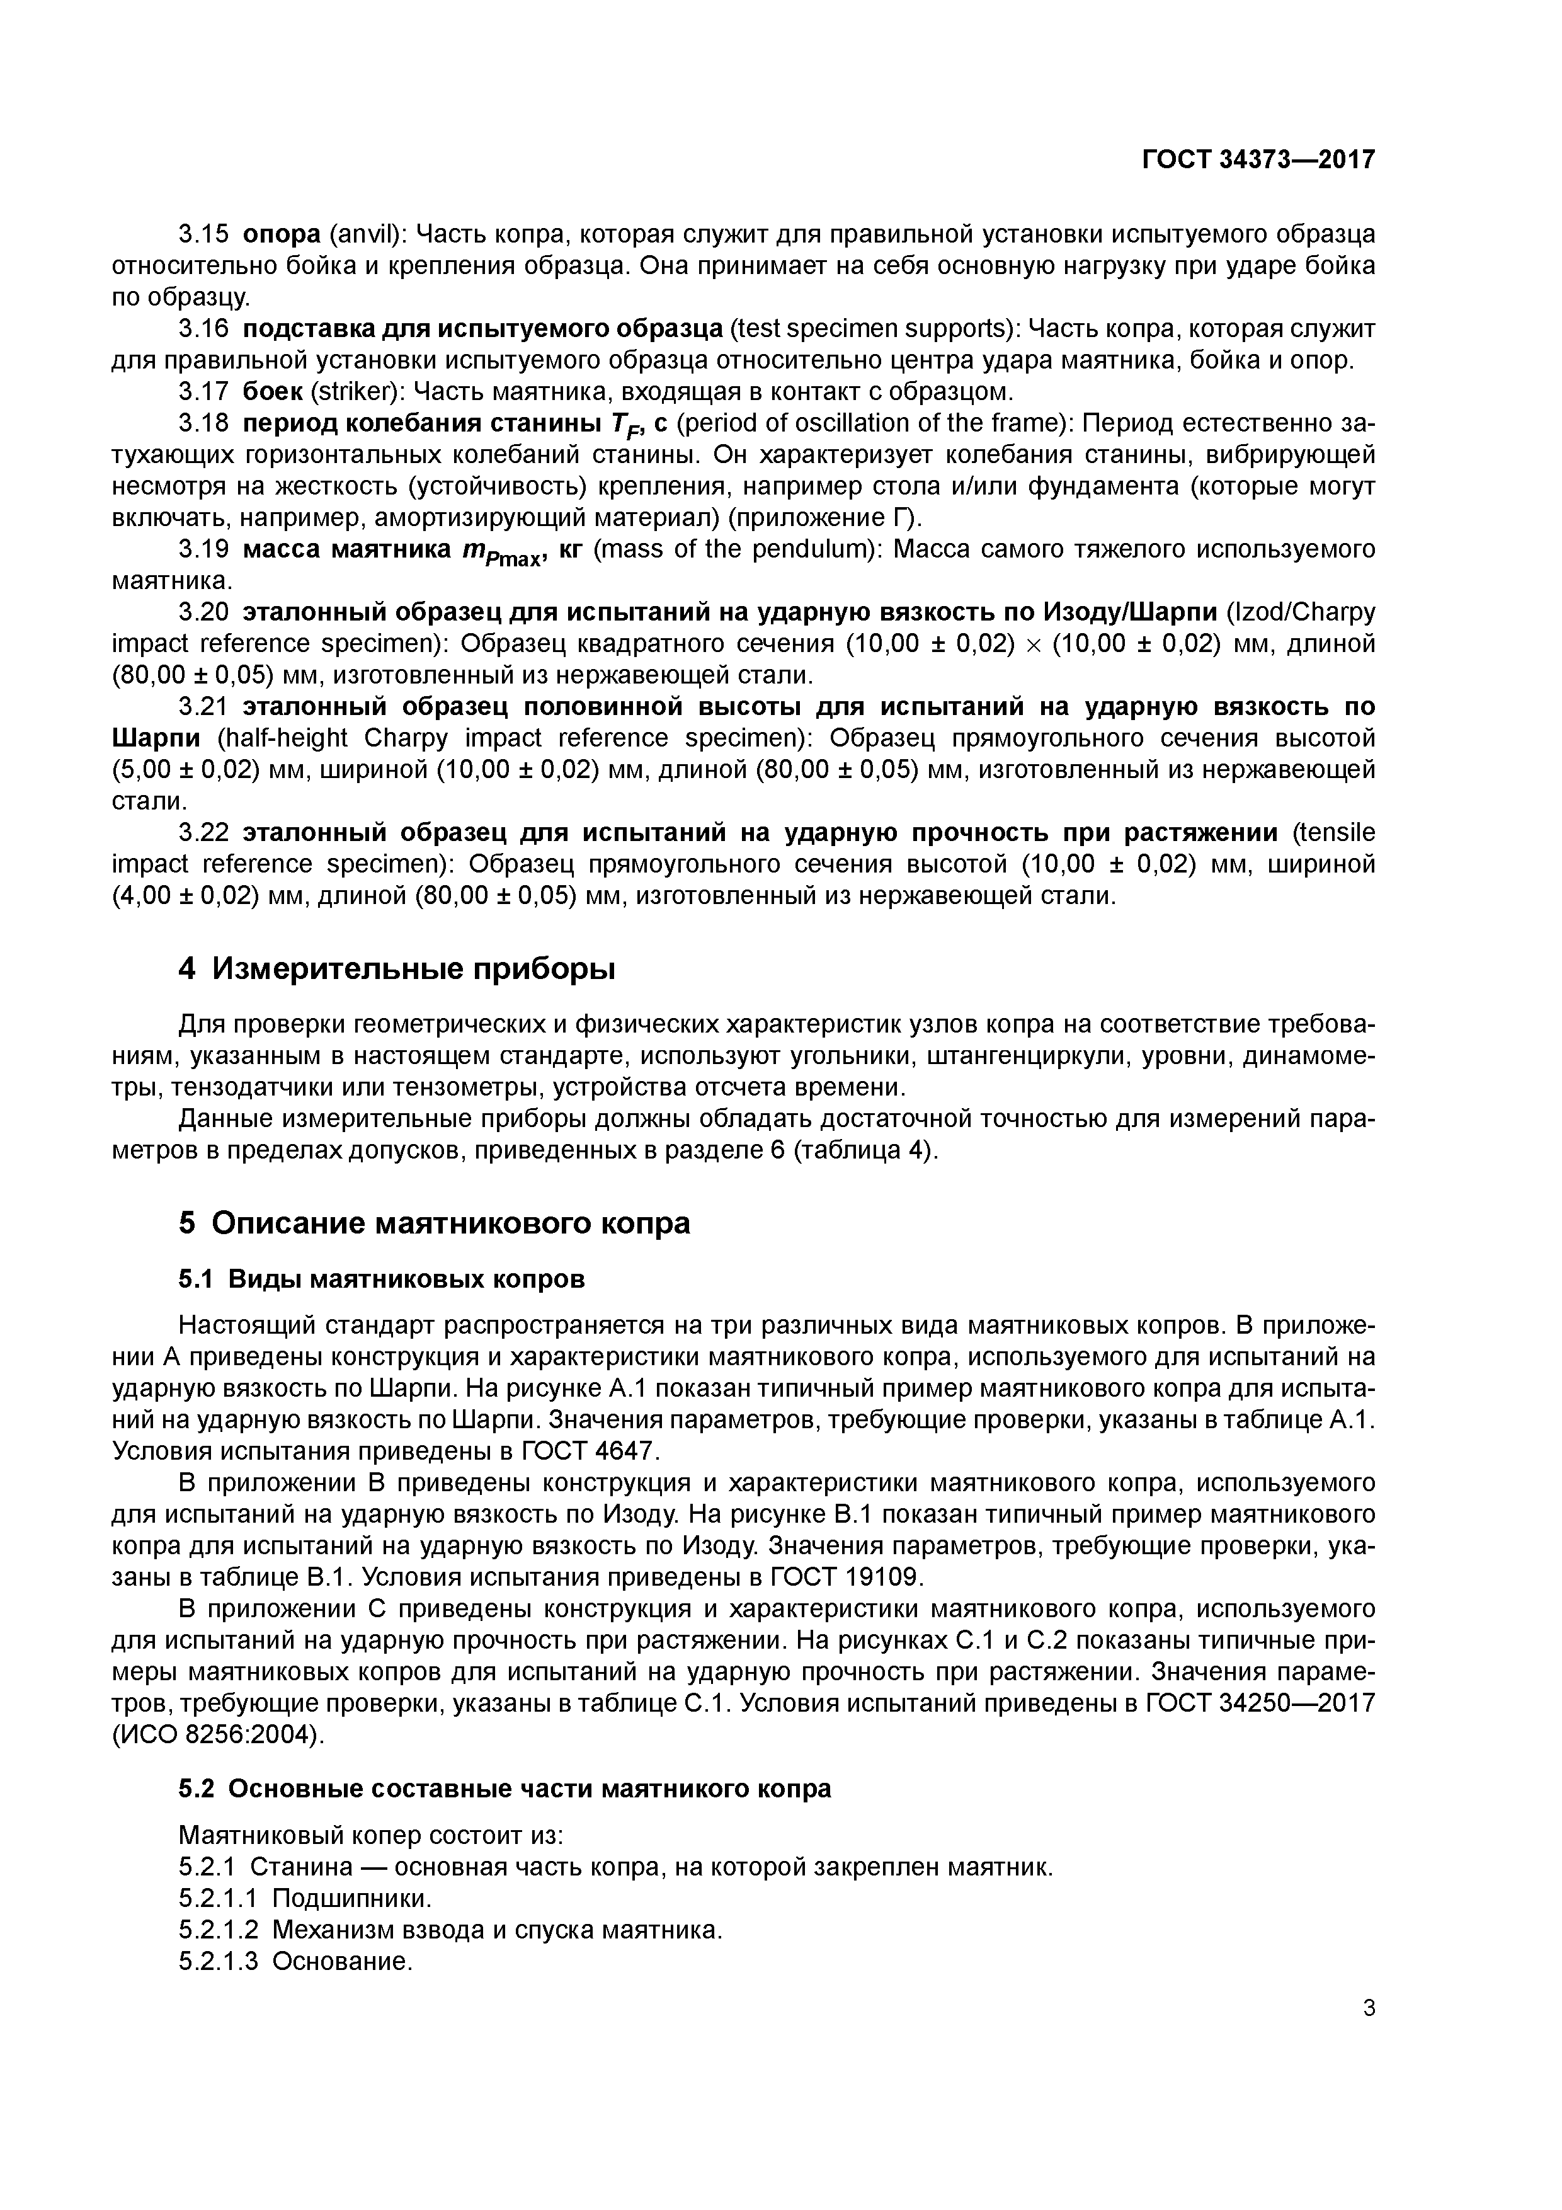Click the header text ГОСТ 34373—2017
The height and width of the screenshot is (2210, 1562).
[x=1258, y=159]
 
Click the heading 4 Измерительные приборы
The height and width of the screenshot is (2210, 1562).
[x=397, y=970]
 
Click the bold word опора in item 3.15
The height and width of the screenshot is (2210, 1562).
[x=281, y=234]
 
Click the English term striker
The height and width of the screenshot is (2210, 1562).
[x=352, y=392]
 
